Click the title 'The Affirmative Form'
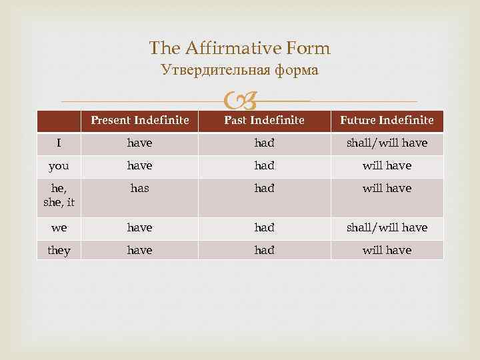pos(240,48)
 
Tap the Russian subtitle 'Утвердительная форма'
pos(240,69)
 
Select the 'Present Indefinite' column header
pos(140,121)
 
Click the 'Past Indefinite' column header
pos(264,121)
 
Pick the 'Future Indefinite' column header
pos(387,121)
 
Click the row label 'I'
pos(59,143)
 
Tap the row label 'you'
pos(59,166)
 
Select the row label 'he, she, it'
pos(59,195)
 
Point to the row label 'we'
pos(59,228)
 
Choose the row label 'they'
pos(59,251)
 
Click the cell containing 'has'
pos(140,189)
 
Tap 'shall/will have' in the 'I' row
pos(387,143)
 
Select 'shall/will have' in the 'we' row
pos(387,228)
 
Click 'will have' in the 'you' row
pos(387,166)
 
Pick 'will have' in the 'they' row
pos(387,251)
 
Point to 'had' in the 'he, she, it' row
pos(264,189)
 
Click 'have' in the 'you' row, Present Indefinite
pos(140,166)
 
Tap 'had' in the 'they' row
pos(264,251)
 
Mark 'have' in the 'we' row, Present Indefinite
pos(140,228)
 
